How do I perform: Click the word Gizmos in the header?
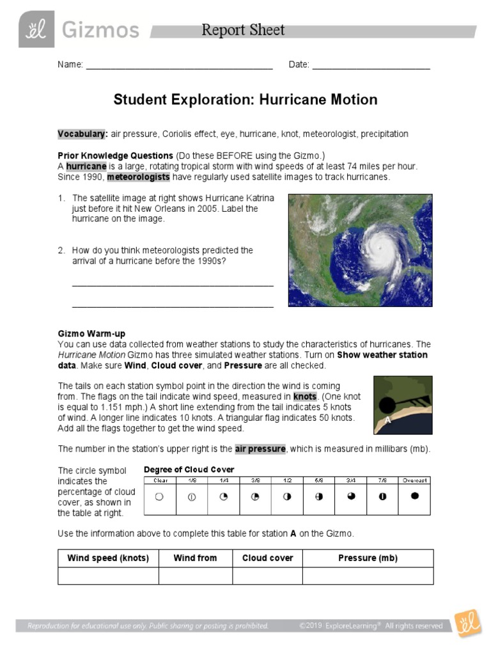coord(101,29)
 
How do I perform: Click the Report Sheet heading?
coord(243,30)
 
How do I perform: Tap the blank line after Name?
coord(179,66)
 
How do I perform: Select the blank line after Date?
coord(371,66)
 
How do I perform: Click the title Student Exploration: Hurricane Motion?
coord(245,100)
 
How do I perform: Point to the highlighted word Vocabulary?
coord(82,134)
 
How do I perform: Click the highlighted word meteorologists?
coord(138,177)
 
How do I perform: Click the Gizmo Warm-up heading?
coord(91,334)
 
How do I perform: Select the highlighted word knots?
coord(304,397)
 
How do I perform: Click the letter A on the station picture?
coord(387,420)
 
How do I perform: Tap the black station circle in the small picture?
coord(387,404)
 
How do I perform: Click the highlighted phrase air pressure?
coord(260,449)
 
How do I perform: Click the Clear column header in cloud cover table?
coord(160,480)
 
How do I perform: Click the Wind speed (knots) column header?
coord(108,558)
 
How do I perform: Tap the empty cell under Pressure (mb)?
coord(368,576)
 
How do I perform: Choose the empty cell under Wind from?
coord(195,576)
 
